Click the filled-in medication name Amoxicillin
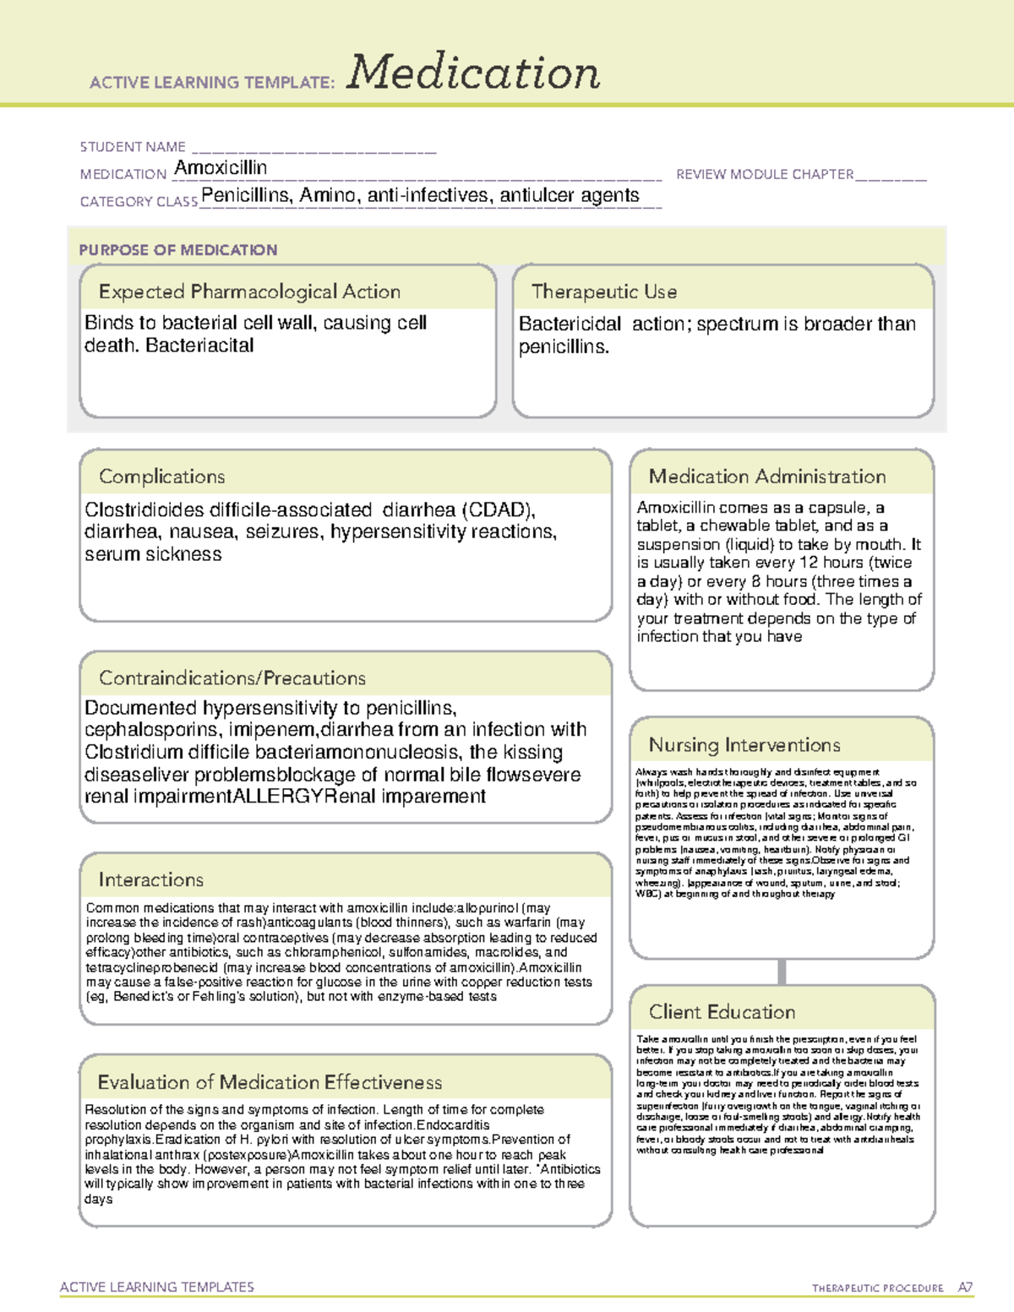(221, 168)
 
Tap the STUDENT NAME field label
(133, 147)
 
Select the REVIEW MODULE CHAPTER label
(765, 175)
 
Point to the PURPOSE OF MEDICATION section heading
(178, 250)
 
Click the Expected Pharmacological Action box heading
(249, 291)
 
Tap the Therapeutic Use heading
(604, 291)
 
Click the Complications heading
(162, 476)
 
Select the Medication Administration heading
(767, 476)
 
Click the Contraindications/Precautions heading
(232, 678)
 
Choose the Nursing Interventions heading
(744, 745)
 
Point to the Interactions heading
(151, 880)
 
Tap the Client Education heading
(722, 1012)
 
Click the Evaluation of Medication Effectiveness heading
(270, 1083)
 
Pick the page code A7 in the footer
(964, 1288)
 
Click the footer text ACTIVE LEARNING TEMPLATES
(157, 1287)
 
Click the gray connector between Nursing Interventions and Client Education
(782, 972)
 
